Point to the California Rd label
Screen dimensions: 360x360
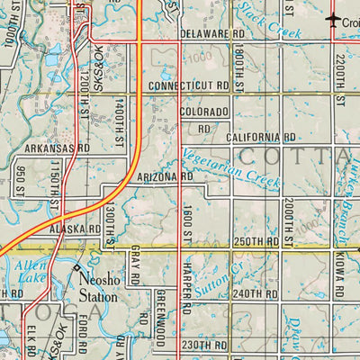click(260, 137)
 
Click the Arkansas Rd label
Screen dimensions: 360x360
click(57, 148)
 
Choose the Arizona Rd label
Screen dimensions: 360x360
click(166, 177)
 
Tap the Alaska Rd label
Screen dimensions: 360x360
click(76, 229)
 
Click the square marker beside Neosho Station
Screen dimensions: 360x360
click(76, 269)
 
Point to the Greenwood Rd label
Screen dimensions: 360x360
click(161, 319)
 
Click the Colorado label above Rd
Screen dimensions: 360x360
click(203, 112)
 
